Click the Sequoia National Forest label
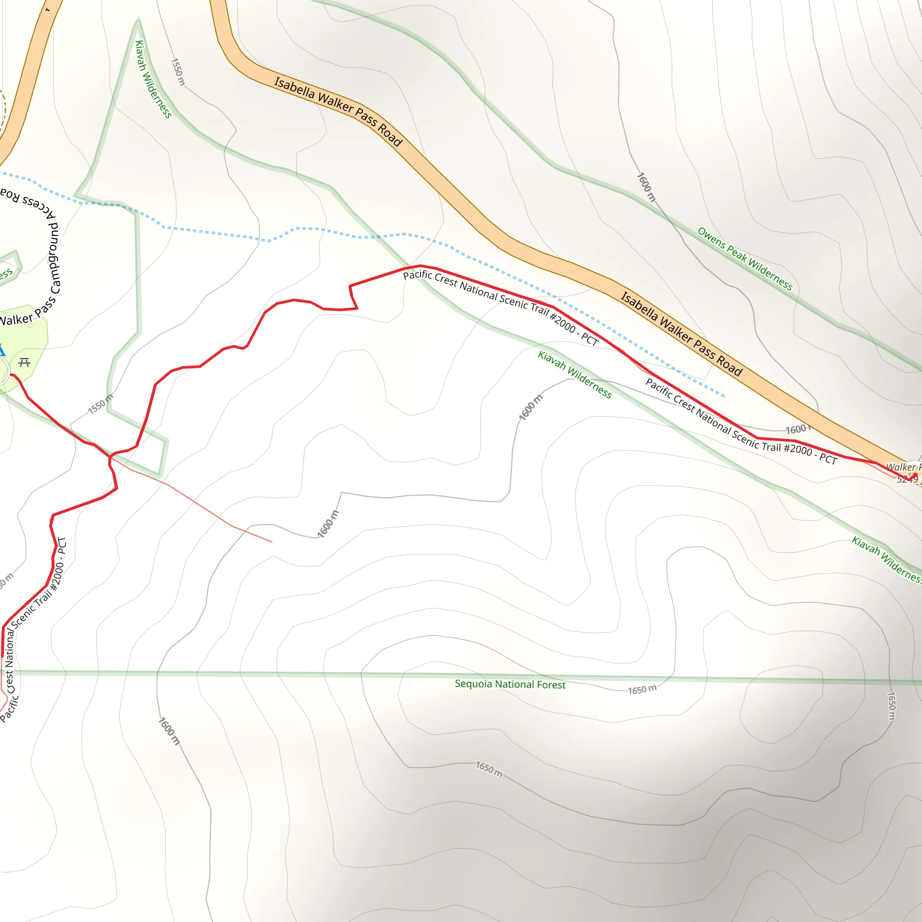[x=510, y=684]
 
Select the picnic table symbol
[x=24, y=363]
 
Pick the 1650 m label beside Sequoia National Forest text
[x=642, y=690]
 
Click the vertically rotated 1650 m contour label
[x=891, y=706]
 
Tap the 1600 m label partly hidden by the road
[x=798, y=429]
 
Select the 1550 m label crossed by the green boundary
[x=101, y=404]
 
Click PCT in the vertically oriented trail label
[x=62, y=546]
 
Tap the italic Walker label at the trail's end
[x=901, y=467]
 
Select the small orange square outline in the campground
[x=31, y=325]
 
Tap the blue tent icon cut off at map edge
[x=2, y=350]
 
